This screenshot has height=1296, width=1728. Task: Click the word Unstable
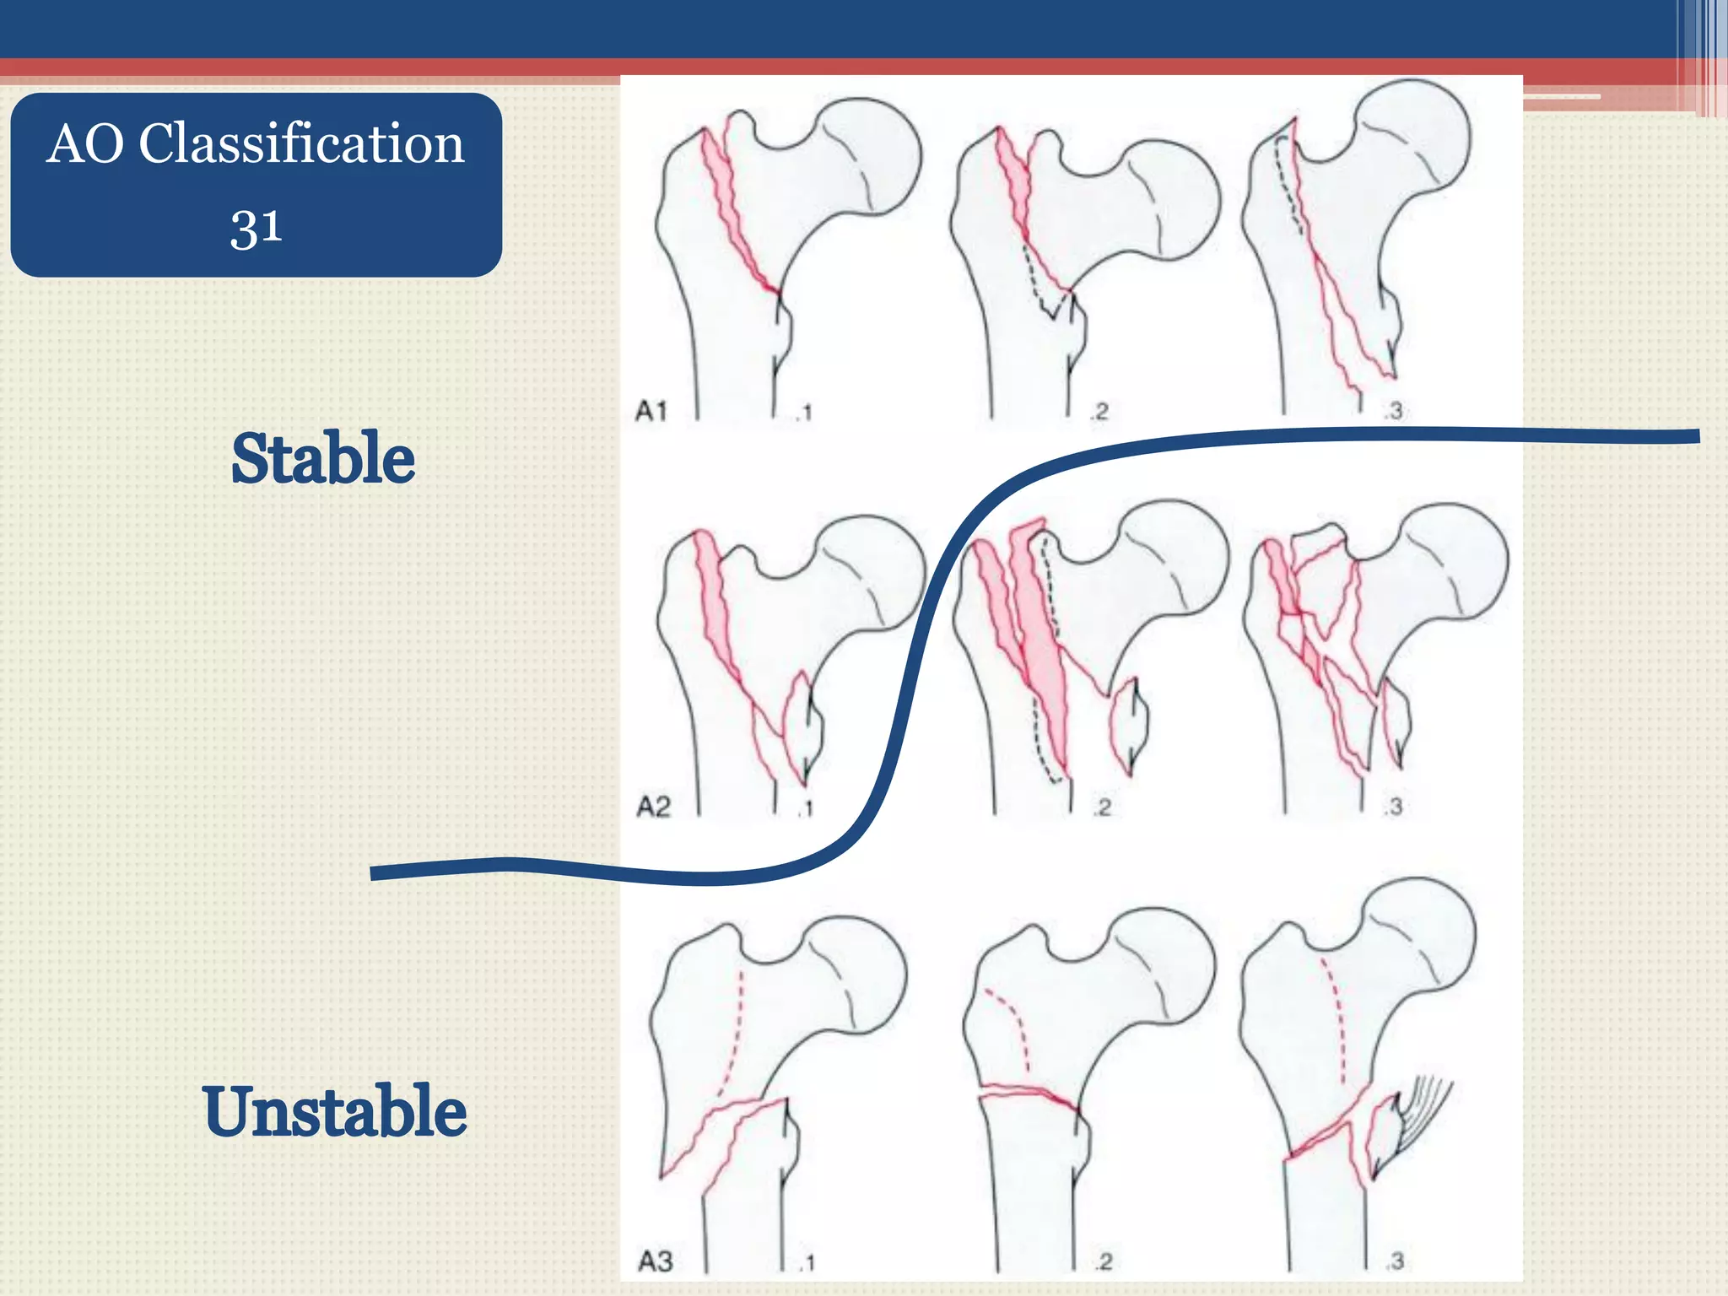334,1111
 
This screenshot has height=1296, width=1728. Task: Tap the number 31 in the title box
256,227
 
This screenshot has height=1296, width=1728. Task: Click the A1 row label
651,412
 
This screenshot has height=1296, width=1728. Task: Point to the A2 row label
653,807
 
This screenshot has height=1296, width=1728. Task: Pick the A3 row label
655,1261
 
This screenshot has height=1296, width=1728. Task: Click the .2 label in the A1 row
1099,412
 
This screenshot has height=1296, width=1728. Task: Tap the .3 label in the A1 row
1393,411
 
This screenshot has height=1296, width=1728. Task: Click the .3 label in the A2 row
1393,807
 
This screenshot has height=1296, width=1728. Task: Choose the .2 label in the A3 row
1103,1261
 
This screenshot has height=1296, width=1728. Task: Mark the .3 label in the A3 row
1394,1261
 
